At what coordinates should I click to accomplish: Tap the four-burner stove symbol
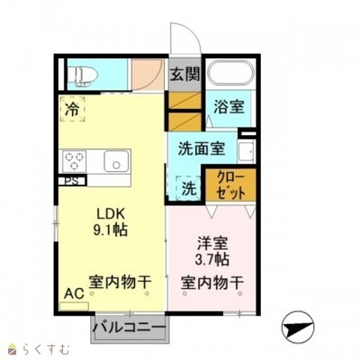[x=75, y=162]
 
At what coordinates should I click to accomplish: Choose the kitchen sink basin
[x=116, y=162]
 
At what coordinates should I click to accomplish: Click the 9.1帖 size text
[x=113, y=230]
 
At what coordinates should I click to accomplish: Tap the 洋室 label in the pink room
[x=212, y=241]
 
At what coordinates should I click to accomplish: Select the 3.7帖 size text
[x=212, y=259]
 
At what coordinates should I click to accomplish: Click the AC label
[x=72, y=292]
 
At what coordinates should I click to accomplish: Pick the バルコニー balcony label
[x=130, y=326]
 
